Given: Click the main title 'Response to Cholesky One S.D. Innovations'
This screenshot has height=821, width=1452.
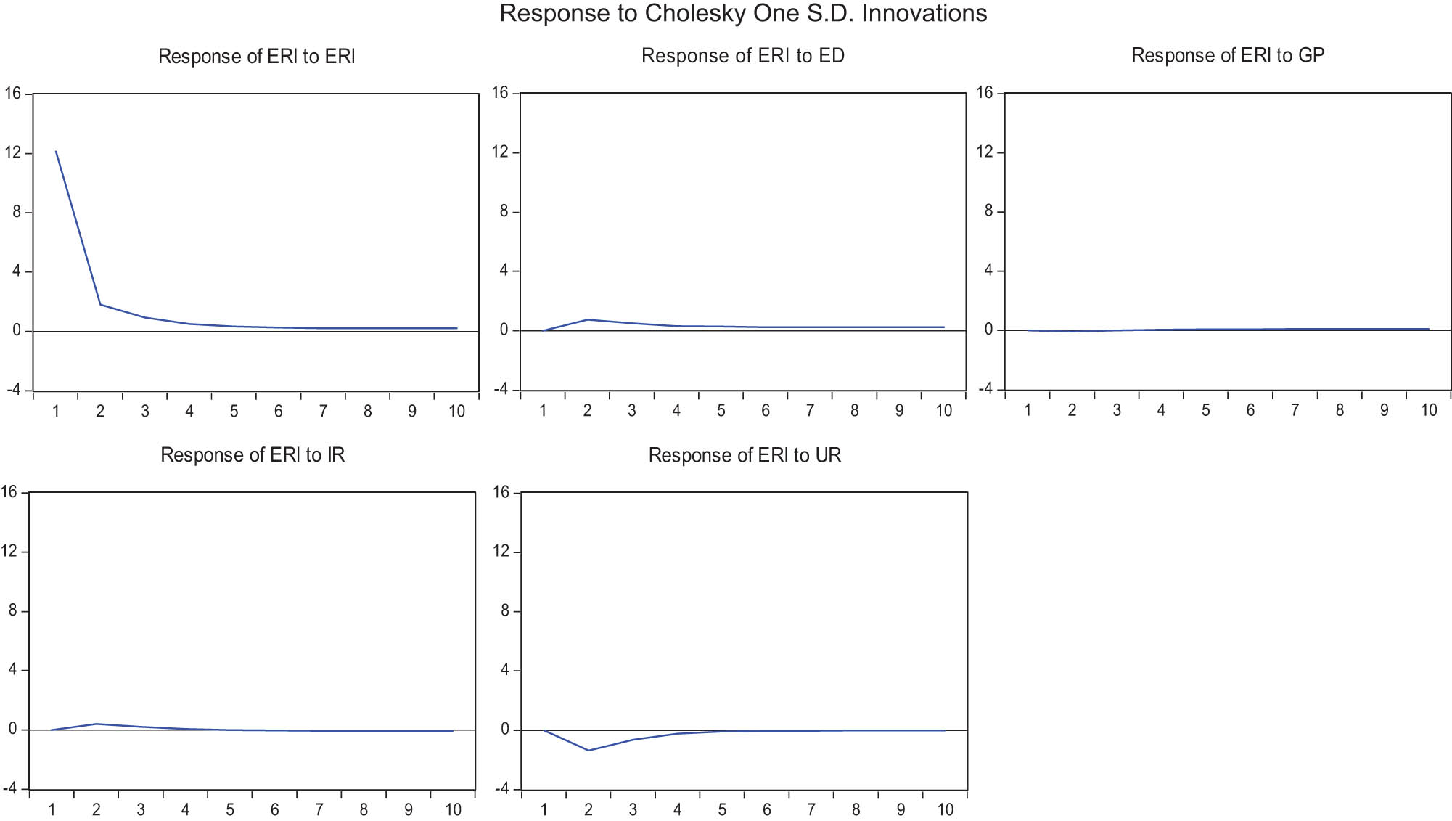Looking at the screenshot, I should (x=743, y=14).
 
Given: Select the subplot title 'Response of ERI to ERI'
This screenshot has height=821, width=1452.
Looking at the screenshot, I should (x=256, y=57).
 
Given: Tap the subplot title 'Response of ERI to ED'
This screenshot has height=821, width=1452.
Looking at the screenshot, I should (x=743, y=56).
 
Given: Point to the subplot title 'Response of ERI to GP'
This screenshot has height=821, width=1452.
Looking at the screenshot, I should (x=1228, y=55).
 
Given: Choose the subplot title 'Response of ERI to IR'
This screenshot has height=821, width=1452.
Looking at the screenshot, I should (x=253, y=455).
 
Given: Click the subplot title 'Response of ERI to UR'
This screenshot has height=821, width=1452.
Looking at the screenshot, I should (x=745, y=455).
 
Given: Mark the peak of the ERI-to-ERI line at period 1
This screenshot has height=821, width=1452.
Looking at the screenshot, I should (x=56, y=151).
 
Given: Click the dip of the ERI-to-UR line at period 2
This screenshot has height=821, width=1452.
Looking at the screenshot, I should (x=588, y=751).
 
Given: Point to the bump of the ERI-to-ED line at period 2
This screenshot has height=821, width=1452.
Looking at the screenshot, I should (x=587, y=319).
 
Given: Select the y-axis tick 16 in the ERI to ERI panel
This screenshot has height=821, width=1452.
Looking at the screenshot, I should (x=13, y=93).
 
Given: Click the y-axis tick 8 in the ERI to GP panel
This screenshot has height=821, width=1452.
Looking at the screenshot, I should (x=988, y=211).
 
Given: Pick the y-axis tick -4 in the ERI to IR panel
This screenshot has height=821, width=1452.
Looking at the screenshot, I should (x=9, y=789).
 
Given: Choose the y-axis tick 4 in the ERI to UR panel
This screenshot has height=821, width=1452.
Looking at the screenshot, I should (x=505, y=670).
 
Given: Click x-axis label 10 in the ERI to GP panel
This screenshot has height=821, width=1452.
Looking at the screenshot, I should (x=1428, y=411).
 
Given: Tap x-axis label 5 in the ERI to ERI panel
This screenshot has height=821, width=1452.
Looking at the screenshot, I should (x=234, y=412).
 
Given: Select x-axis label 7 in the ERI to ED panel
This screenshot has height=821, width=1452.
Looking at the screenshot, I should (x=810, y=411).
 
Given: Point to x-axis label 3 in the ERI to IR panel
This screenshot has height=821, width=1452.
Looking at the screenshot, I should (x=141, y=810).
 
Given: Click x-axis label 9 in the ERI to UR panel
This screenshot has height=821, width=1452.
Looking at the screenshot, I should (x=901, y=810).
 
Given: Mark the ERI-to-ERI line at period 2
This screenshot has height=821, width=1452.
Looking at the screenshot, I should (x=100, y=304).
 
